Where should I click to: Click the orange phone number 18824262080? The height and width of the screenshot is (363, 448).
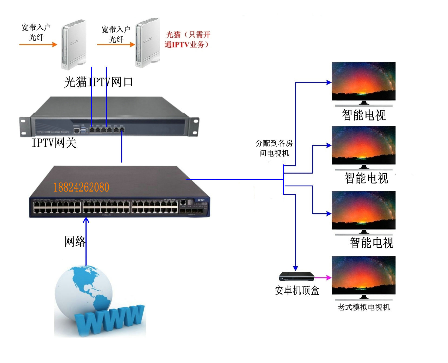tap(81, 187)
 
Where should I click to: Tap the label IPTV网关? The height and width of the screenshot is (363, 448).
tap(54, 143)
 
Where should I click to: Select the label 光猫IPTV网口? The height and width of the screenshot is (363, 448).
tap(98, 82)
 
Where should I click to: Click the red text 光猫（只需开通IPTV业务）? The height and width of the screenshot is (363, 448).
tap(187, 40)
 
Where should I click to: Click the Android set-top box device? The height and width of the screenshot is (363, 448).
tap(297, 276)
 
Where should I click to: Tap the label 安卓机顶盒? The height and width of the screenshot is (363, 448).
tap(297, 290)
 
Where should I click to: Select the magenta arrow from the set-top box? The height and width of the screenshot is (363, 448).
tap(323, 277)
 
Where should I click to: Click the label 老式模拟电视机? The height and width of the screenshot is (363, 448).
tap(363, 307)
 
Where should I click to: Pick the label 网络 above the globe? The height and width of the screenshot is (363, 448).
tap(75, 241)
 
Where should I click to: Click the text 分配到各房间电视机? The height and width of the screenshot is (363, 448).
tap(274, 148)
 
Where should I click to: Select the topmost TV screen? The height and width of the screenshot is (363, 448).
tap(363, 81)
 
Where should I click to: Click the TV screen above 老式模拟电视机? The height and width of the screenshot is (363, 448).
tap(363, 275)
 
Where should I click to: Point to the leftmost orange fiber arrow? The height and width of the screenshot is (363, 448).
tap(38, 44)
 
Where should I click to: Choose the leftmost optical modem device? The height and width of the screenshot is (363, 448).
tap(74, 44)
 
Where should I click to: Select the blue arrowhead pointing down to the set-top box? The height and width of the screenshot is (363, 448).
tap(295, 268)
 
